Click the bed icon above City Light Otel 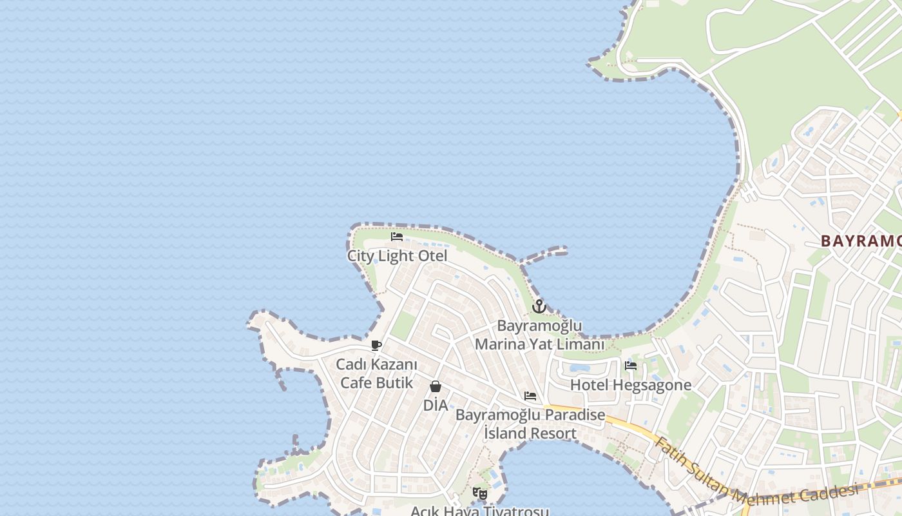397,237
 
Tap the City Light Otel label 397,256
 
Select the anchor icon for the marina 539,306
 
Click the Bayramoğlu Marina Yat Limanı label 540,335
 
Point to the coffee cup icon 376,346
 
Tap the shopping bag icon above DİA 436,386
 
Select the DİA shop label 436,406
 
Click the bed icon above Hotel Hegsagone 631,366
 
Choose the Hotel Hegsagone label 631,385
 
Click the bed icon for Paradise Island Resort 530,396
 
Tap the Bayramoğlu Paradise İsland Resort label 530,424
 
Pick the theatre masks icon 480,493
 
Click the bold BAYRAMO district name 861,241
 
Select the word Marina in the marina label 499,344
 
